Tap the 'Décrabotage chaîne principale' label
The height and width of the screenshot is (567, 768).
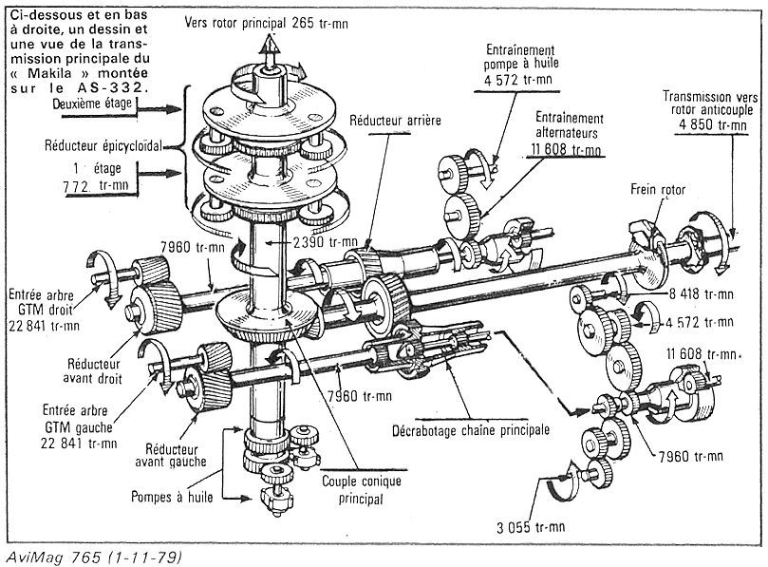coord(470,428)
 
